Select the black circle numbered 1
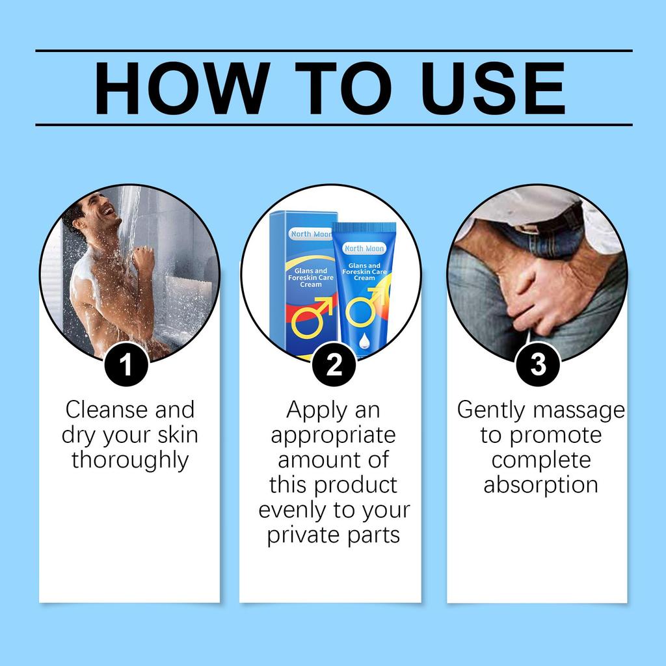(x=126, y=365)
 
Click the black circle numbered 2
(x=334, y=365)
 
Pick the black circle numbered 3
(x=538, y=365)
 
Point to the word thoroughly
(x=130, y=460)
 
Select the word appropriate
(x=333, y=435)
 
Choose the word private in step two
(x=303, y=535)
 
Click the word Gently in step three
(x=491, y=410)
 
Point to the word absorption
(x=540, y=485)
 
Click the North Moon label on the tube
(x=365, y=248)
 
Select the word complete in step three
(x=540, y=460)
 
